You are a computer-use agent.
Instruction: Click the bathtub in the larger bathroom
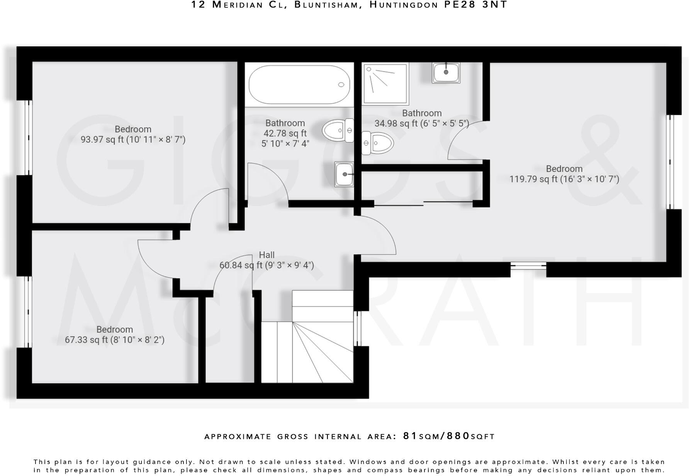[x=299, y=85]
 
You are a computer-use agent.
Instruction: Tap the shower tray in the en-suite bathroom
[x=385, y=84]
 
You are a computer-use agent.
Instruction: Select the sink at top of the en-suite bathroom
[x=446, y=72]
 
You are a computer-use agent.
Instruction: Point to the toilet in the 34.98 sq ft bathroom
[x=377, y=143]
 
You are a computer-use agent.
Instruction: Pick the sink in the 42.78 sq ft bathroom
[x=344, y=174]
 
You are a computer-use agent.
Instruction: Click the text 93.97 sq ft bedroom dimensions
[x=133, y=139]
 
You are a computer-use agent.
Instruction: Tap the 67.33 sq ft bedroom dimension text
[x=114, y=340]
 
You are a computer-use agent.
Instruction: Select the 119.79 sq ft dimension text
[x=564, y=179]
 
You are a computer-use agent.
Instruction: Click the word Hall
[x=266, y=255]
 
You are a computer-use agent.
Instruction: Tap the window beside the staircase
[x=357, y=328]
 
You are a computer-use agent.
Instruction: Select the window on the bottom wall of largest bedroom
[x=528, y=266]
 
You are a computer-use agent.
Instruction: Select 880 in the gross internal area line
[x=458, y=436]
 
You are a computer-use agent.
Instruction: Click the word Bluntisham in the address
[x=325, y=5]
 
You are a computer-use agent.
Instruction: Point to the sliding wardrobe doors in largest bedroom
[x=423, y=203]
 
